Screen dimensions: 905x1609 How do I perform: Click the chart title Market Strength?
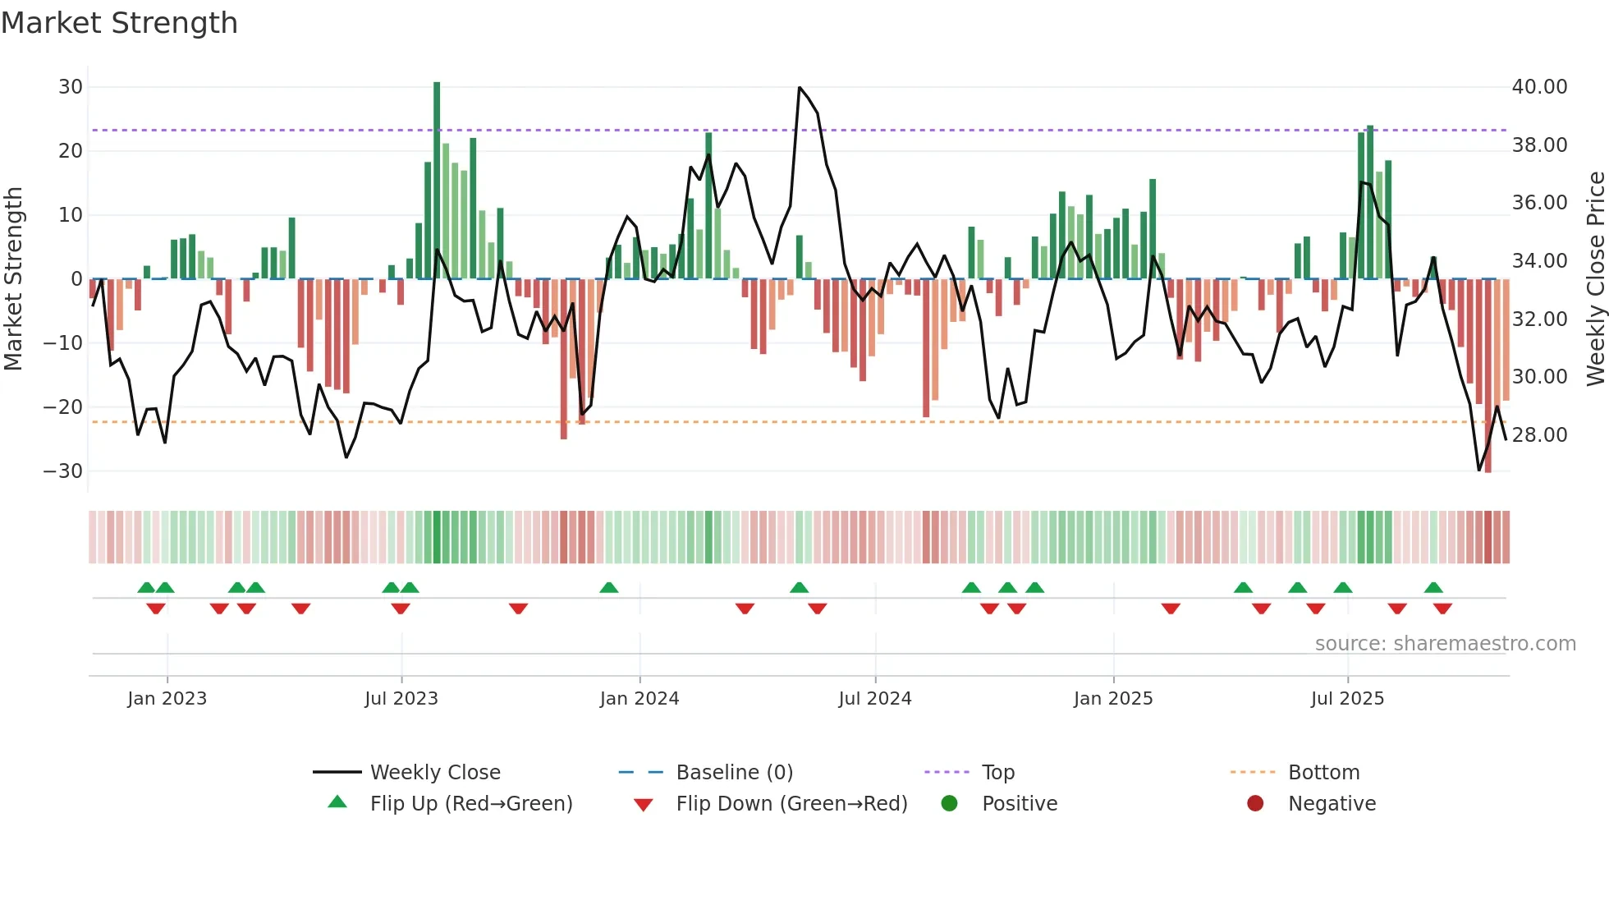point(119,23)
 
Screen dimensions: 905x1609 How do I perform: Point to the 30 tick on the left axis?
point(71,87)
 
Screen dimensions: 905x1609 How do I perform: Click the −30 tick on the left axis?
point(63,471)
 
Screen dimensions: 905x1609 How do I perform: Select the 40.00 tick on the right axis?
point(1539,87)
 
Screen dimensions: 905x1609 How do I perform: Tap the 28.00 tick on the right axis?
point(1539,435)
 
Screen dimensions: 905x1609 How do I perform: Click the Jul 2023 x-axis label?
point(401,699)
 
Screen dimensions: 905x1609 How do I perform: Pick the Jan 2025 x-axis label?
point(1113,699)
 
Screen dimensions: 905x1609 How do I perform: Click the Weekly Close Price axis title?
point(1595,279)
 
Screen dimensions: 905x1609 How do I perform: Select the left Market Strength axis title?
point(14,279)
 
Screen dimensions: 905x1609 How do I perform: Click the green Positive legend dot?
point(950,804)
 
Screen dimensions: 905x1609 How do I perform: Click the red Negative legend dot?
point(1255,804)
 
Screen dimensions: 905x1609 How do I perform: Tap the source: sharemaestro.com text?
point(1445,644)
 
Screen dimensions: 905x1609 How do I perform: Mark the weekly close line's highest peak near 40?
point(800,88)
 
